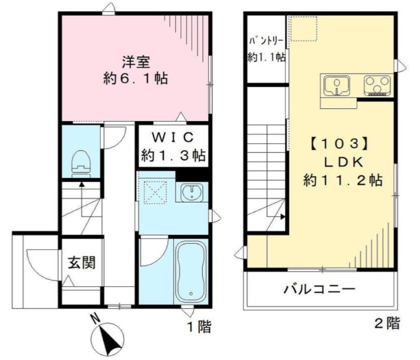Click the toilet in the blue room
(81, 164)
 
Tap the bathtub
(191, 271)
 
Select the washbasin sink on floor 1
(192, 192)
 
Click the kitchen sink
(337, 86)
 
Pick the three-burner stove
(377, 86)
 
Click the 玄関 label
(81, 262)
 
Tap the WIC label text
(173, 138)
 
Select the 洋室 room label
(136, 62)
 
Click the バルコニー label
(320, 290)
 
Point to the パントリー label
(266, 41)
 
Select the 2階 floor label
(387, 323)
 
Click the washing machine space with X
(155, 193)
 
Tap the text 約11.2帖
(343, 180)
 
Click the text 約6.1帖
(135, 79)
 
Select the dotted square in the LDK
(304, 29)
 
